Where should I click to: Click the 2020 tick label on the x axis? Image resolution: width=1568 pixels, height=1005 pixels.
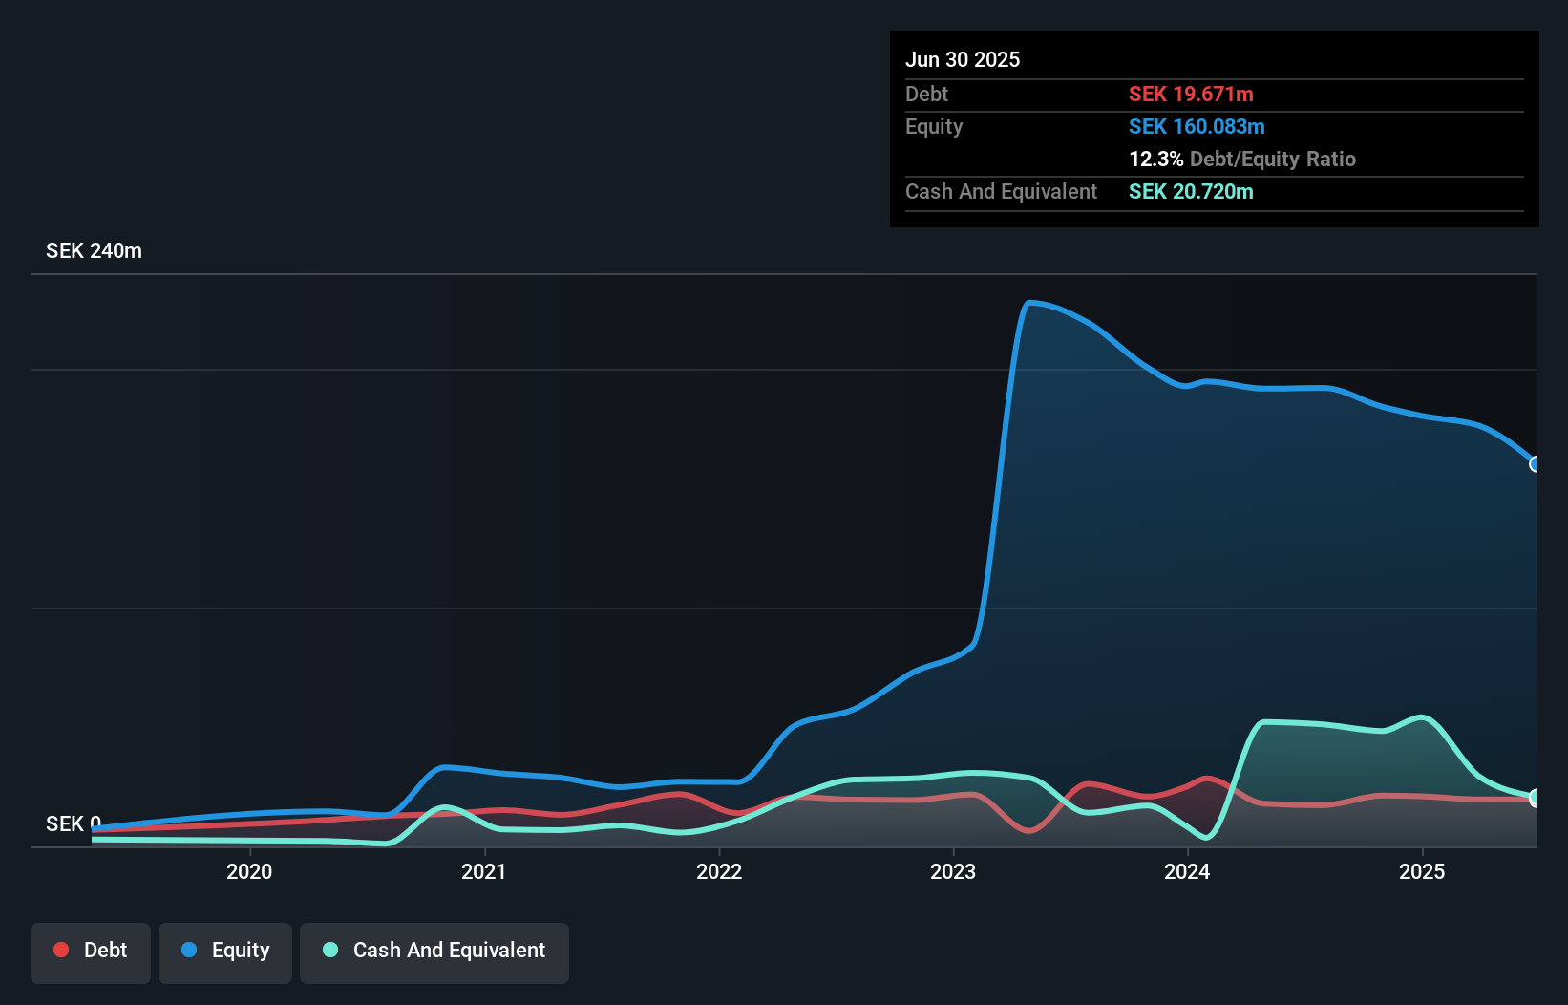249,871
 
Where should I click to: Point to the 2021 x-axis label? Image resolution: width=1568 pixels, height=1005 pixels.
484,871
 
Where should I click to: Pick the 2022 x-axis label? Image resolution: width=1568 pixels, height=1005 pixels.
719,871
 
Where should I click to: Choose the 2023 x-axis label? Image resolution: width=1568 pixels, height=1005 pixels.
953,871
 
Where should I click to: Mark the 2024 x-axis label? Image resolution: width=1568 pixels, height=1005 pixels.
1187,871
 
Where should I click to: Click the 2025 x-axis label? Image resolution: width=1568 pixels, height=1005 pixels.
1422,871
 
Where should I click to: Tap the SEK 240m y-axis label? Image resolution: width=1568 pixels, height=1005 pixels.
94,251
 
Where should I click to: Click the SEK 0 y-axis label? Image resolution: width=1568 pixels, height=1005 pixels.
73,823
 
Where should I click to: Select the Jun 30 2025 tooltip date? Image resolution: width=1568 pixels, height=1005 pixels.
963,59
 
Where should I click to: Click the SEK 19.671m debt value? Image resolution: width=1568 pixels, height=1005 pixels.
1191,94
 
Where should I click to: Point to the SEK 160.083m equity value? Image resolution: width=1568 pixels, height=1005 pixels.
1197,126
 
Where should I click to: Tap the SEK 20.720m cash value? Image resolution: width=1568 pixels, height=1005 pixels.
1191,191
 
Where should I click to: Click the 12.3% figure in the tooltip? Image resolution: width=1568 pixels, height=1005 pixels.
1155,159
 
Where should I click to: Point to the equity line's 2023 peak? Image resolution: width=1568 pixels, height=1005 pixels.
1029,303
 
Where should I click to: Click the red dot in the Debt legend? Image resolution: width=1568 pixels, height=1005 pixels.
61,950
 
